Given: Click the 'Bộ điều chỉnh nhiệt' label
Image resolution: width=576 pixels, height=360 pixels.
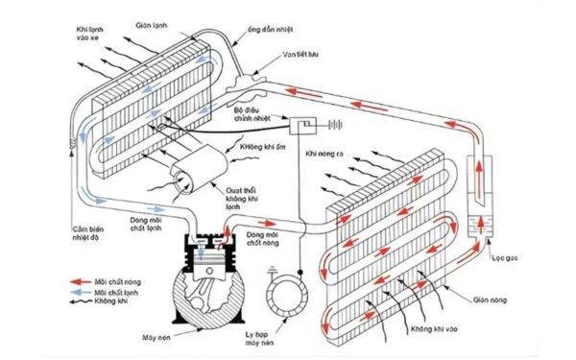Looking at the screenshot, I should click(x=254, y=115).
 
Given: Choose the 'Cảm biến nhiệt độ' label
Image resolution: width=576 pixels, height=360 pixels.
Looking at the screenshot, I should click(x=88, y=235).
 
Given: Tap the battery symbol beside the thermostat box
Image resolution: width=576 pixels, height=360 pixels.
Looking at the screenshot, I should click(x=335, y=125).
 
